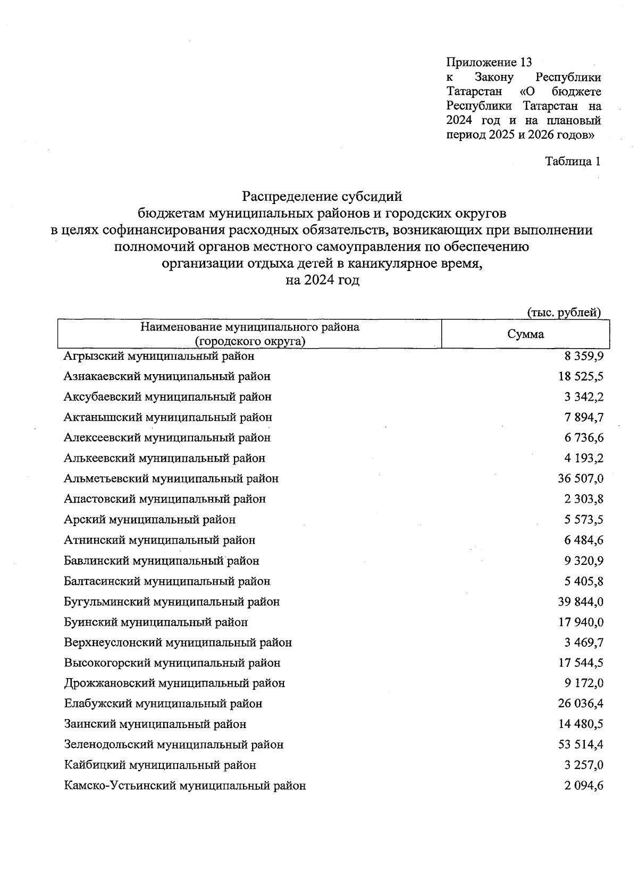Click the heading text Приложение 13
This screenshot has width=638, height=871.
point(489,63)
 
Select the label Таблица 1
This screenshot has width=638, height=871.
point(573,162)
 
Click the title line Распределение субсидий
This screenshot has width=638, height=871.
point(322,197)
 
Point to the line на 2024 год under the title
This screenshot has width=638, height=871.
point(322,280)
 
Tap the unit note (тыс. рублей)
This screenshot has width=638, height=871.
point(564,312)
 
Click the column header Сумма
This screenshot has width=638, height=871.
point(525,334)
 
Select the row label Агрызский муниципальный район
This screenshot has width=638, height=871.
point(159,356)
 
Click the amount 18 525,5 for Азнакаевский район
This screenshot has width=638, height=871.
point(581,377)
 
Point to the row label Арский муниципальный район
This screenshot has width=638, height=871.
point(149,520)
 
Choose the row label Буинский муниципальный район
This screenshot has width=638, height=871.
point(155,622)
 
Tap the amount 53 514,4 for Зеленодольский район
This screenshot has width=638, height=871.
point(581,745)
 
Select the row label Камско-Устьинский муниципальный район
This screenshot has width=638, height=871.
point(184,786)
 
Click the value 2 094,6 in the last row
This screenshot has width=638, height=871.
point(584,786)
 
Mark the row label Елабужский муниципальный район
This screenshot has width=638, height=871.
point(163,704)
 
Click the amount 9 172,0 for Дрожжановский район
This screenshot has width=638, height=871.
point(584,683)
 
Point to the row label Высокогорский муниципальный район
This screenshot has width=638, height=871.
point(172,663)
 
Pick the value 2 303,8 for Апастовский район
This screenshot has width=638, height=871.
point(584,500)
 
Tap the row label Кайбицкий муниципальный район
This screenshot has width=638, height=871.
point(159,766)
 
